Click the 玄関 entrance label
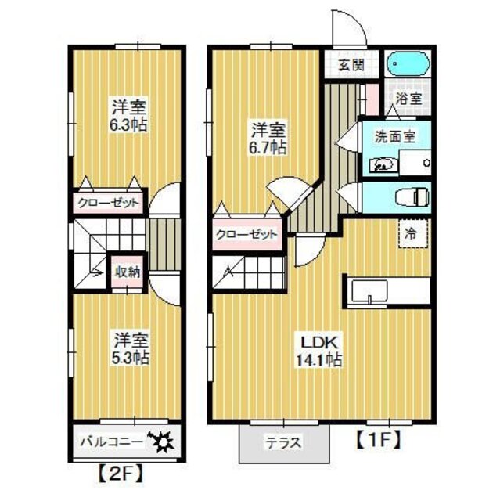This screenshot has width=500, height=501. (x=351, y=64)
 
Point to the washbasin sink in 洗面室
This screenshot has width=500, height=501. (x=383, y=164)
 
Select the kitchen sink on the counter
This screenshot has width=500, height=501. (x=368, y=291)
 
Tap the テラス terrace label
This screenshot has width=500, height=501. (x=283, y=442)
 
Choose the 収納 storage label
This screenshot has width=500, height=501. (x=128, y=272)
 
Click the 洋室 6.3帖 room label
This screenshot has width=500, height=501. (x=130, y=115)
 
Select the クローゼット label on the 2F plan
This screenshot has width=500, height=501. (x=109, y=204)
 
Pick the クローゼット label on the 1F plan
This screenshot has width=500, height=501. (x=247, y=234)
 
